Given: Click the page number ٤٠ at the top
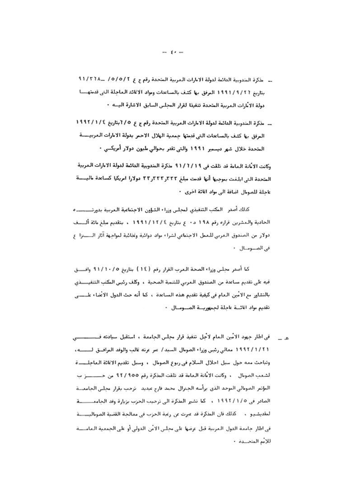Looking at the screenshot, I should click(175, 55).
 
